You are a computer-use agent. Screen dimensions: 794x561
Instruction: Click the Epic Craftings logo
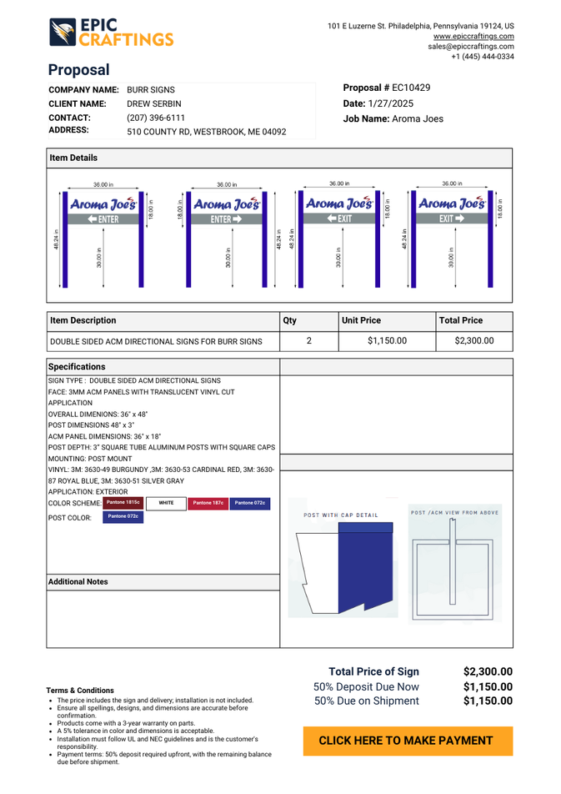[110, 33]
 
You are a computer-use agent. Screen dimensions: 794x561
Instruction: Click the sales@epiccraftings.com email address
[471, 47]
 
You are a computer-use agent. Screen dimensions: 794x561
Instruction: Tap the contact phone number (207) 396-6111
[156, 118]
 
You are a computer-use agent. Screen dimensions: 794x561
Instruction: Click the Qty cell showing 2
[309, 340]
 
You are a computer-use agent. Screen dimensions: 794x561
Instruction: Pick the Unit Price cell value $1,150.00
[387, 340]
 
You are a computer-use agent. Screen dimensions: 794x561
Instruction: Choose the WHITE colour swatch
[166, 502]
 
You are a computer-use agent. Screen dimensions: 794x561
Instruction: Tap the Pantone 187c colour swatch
[208, 502]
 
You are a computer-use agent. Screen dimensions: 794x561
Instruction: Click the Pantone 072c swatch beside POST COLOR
[123, 517]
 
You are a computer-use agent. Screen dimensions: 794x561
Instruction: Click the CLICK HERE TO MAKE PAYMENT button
[408, 741]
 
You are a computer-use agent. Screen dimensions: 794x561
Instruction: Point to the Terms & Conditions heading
[80, 691]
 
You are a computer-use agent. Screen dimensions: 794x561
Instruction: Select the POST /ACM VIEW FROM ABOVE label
[455, 512]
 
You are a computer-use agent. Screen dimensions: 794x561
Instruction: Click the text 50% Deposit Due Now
[366, 686]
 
